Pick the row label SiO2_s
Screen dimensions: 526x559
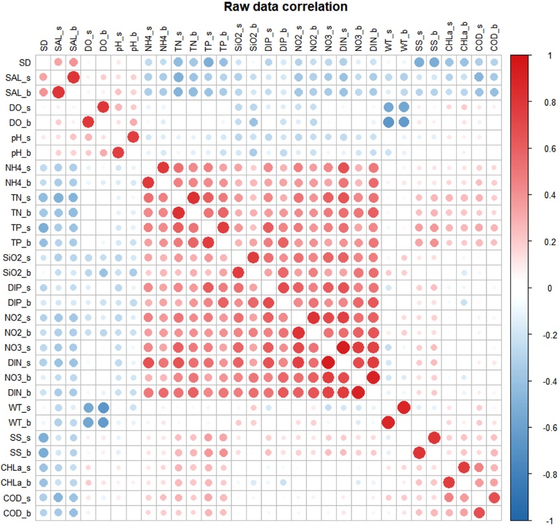pos(19,257)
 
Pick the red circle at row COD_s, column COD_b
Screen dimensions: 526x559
pos(494,497)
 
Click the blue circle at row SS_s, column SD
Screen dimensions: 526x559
pos(43,437)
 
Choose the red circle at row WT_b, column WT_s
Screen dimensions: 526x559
pos(389,423)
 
